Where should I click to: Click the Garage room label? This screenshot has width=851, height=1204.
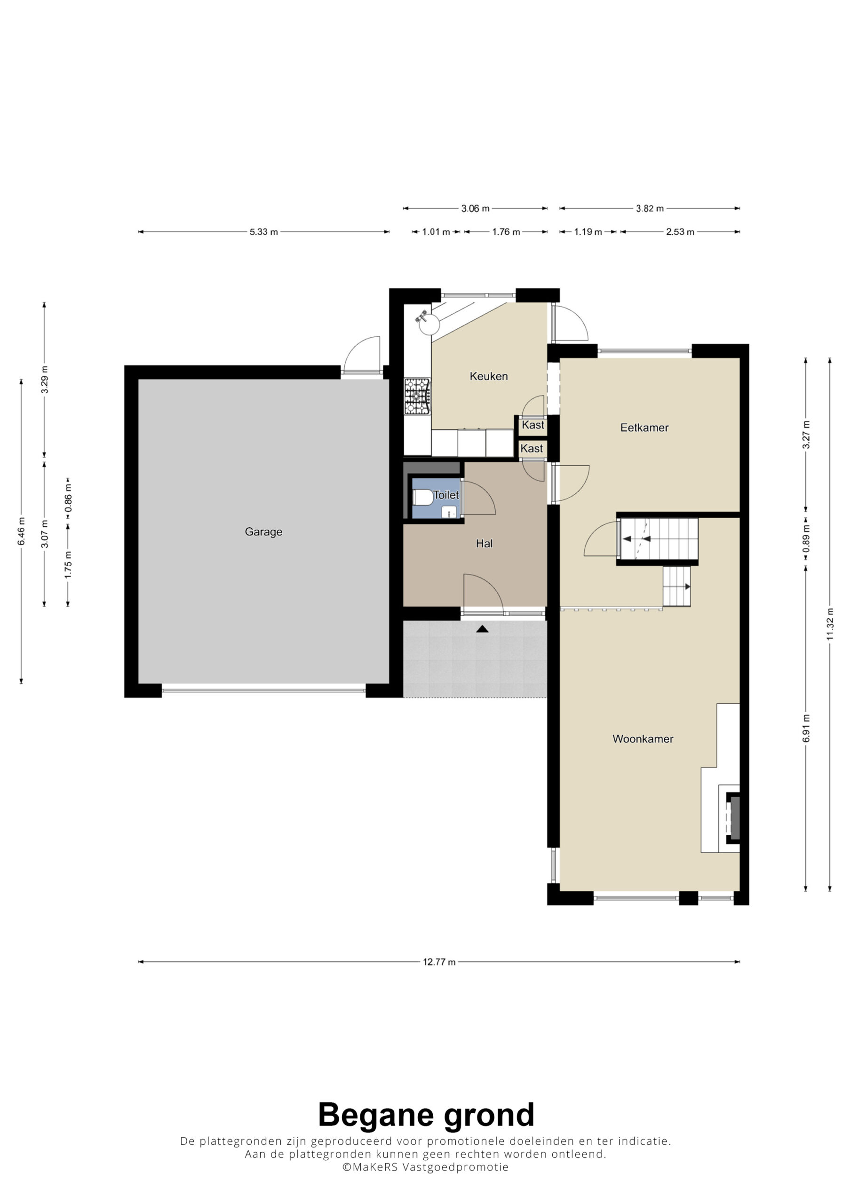click(263, 532)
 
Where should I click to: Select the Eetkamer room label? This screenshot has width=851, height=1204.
click(644, 428)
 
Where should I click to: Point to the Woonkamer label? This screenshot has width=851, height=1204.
click(643, 739)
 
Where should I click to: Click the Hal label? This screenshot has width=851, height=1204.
click(484, 543)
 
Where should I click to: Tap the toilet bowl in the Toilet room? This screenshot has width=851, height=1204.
click(423, 497)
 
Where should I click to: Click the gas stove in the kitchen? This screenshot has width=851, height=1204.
click(417, 396)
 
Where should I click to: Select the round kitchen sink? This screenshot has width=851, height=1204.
click(429, 324)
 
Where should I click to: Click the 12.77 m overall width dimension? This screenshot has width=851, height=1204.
click(439, 962)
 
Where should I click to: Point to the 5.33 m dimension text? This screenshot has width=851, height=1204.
click(263, 232)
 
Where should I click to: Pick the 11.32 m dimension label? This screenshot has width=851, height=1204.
click(829, 624)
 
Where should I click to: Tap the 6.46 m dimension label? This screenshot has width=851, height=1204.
click(22, 531)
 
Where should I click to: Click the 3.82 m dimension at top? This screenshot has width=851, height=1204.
click(650, 209)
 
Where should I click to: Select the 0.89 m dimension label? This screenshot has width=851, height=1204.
click(806, 539)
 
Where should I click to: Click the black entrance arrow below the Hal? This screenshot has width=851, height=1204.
click(482, 629)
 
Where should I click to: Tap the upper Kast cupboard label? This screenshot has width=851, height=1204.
click(533, 425)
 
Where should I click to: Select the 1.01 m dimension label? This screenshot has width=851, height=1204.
click(436, 232)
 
